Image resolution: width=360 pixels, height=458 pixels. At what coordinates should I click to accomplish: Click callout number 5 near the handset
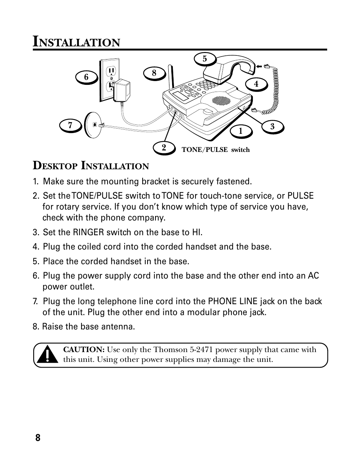point(205,59)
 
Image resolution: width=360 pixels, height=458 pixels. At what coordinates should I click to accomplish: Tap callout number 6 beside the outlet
point(86,77)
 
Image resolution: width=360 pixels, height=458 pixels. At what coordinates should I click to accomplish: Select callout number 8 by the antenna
point(154,73)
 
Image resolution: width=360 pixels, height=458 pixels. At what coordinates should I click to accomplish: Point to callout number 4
point(256,84)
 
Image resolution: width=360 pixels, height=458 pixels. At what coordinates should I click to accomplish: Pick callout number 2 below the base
point(164,148)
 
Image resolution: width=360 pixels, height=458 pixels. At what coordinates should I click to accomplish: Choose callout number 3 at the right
point(272,127)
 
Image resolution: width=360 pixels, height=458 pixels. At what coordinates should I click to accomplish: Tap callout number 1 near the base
point(240,131)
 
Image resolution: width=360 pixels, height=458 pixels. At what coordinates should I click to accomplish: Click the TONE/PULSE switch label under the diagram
point(215,150)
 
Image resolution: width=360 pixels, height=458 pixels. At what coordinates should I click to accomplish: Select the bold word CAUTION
point(83,350)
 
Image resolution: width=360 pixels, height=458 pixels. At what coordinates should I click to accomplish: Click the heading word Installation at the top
point(77,41)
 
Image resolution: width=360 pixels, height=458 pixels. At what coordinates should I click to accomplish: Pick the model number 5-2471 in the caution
point(203,350)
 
